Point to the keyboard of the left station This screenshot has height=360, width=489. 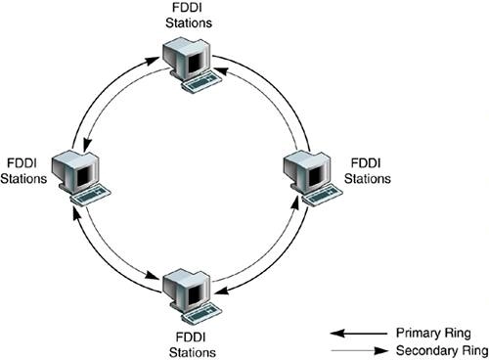(x=95, y=195)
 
